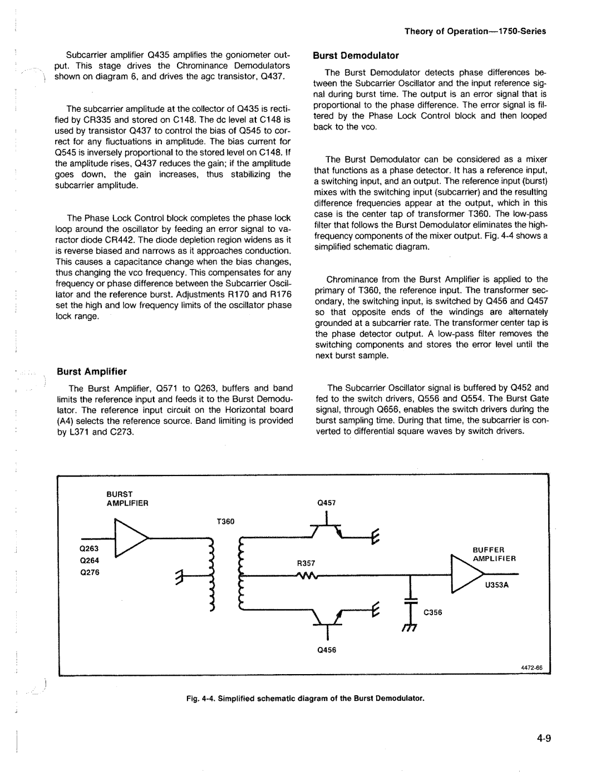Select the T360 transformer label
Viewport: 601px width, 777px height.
click(226, 522)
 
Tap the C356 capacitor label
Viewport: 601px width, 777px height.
click(432, 612)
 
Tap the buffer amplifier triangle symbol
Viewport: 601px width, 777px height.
click(467, 573)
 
